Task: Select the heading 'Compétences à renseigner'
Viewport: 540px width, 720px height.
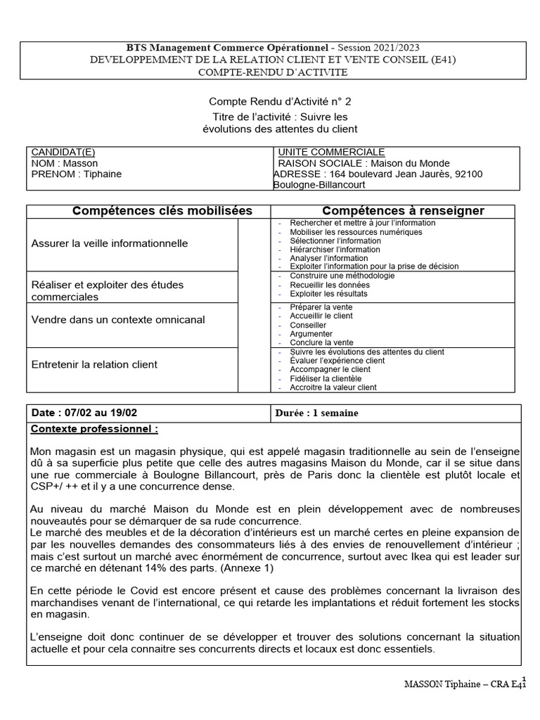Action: click(x=403, y=211)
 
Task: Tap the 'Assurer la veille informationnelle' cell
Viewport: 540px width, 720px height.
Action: click(x=109, y=243)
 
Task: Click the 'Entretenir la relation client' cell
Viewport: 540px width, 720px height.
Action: click(x=94, y=364)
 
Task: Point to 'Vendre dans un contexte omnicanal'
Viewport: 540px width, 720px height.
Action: click(x=118, y=319)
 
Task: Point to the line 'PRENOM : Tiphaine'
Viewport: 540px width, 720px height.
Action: click(x=77, y=174)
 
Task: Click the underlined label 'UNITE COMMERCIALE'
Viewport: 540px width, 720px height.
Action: click(x=331, y=152)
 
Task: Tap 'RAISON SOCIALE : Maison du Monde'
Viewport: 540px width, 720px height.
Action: click(x=355, y=162)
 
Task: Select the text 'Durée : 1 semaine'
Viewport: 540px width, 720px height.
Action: click(x=318, y=413)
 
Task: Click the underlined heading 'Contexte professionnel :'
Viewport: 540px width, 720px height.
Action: click(x=95, y=428)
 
